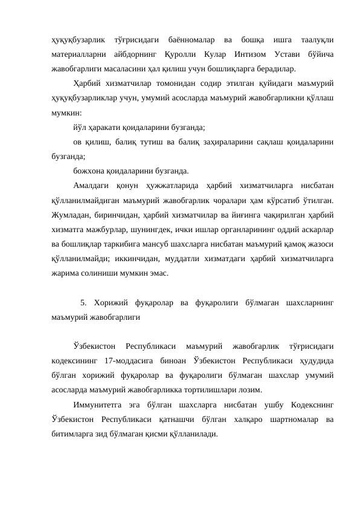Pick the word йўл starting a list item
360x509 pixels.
tap(80, 128)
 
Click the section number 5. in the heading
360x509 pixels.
tap(83, 302)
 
